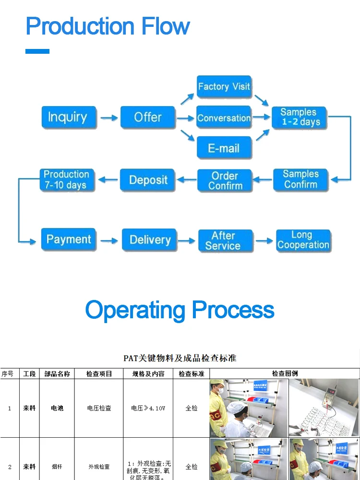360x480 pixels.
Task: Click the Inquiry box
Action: coord(69,118)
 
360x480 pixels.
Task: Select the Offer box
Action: coord(148,118)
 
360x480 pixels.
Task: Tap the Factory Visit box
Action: coord(224,87)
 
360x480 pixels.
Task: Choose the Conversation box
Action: coord(224,118)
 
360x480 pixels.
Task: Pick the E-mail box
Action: coord(224,148)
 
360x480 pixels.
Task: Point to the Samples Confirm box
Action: coord(300,180)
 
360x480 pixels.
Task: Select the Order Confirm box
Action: coord(225,180)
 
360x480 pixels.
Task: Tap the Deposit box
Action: coord(148,180)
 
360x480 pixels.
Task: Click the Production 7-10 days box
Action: coord(67,180)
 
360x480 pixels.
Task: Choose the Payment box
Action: coord(69,240)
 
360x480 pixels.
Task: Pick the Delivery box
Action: coord(150,240)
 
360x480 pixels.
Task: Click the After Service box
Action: coord(225,240)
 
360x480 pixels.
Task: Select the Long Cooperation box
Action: coord(303,240)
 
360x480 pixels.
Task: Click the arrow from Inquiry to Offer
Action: coord(109,118)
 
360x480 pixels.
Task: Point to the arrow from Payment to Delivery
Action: coord(109,240)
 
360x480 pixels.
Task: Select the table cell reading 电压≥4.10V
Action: coord(148,408)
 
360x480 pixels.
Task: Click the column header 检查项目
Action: coord(99,373)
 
